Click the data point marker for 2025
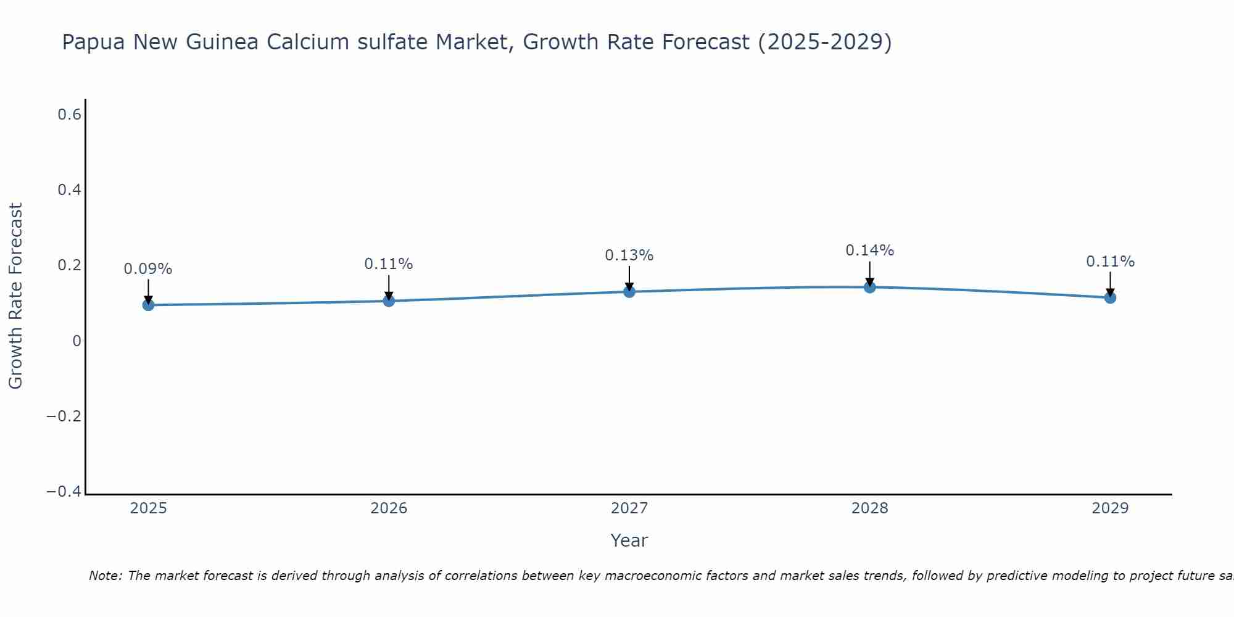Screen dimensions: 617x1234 click(148, 305)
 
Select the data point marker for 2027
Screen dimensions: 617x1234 click(629, 291)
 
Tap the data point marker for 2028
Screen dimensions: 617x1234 click(870, 287)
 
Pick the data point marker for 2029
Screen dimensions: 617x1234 click(1110, 297)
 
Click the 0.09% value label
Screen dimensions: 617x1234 click(148, 269)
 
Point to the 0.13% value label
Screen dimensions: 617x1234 click(629, 255)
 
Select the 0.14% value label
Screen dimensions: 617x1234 click(869, 251)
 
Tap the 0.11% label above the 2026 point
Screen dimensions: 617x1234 click(388, 264)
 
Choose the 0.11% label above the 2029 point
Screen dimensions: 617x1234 click(1110, 262)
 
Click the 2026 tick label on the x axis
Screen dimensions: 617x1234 click(389, 508)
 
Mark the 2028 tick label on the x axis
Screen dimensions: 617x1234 click(869, 508)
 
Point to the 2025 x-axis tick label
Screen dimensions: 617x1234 click(148, 508)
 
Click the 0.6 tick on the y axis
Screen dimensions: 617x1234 click(70, 115)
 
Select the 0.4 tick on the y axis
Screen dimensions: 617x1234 click(70, 190)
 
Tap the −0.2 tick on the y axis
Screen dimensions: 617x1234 click(64, 416)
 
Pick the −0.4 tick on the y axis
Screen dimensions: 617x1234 click(64, 492)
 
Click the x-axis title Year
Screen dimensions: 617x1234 click(629, 540)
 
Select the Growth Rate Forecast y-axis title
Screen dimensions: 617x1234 click(15, 296)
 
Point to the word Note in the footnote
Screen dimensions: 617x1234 click(106, 576)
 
